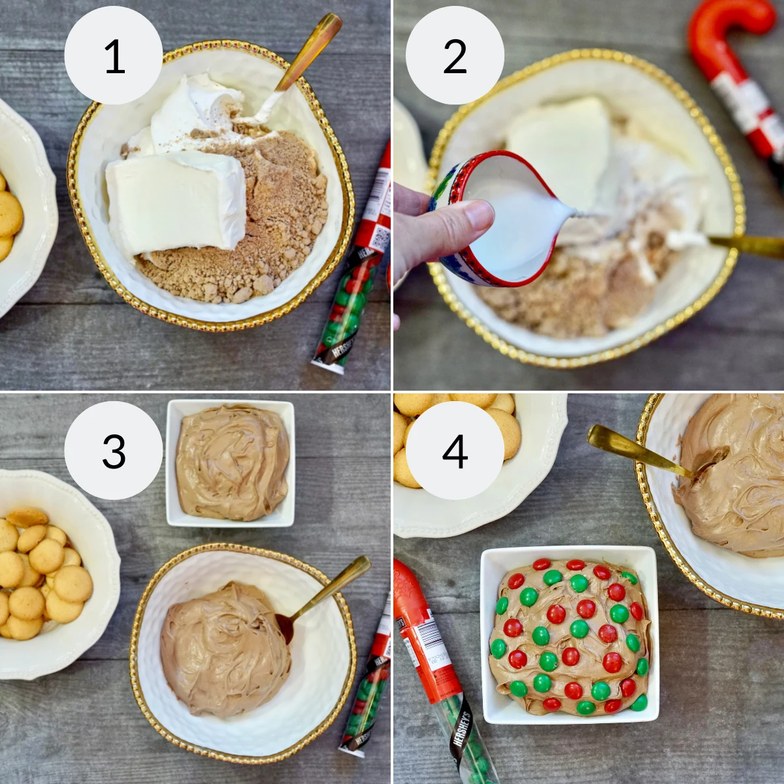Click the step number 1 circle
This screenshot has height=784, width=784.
click(x=114, y=56)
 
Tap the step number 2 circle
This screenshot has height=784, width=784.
click(x=455, y=56)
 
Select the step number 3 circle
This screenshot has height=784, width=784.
click(x=114, y=451)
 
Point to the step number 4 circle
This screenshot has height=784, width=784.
click(x=455, y=451)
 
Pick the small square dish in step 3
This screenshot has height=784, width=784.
click(x=230, y=463)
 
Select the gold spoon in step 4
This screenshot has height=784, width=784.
click(x=634, y=451)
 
